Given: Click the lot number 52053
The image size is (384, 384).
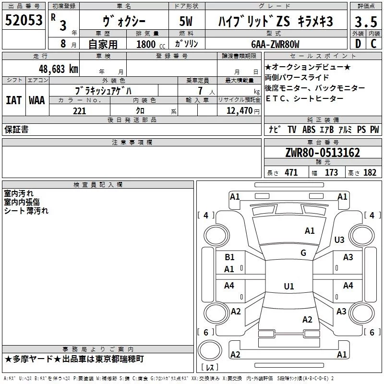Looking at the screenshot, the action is (24, 20).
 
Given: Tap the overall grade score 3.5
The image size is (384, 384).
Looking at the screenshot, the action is (366, 22).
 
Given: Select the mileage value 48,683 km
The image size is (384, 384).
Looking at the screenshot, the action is (59, 69).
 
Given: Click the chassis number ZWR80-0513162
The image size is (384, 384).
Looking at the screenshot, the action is (323, 153).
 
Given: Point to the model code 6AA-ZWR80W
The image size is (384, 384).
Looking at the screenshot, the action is (275, 44).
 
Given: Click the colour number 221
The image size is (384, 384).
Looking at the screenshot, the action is (80, 111).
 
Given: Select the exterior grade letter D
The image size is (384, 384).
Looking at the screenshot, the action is (358, 44).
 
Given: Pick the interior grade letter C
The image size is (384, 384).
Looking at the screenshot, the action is (373, 44).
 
